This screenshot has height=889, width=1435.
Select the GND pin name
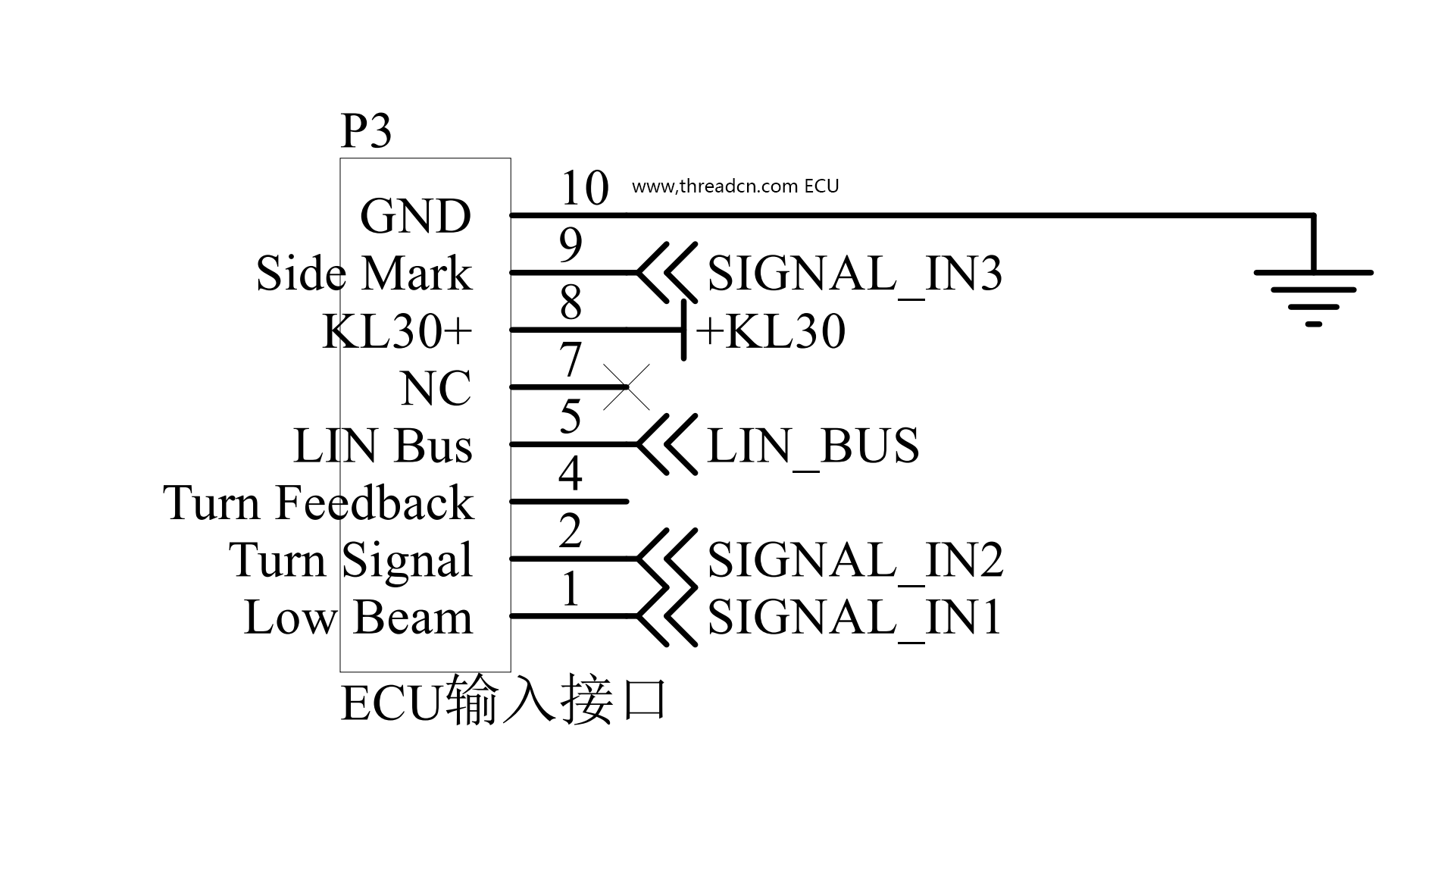pyautogui.click(x=415, y=216)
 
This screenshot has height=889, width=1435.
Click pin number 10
pyautogui.click(x=584, y=188)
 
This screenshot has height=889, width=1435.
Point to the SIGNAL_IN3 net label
pyautogui.click(x=855, y=273)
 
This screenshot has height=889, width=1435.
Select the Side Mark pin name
pyautogui.click(x=364, y=273)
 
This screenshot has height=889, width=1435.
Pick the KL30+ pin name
pyautogui.click(x=397, y=331)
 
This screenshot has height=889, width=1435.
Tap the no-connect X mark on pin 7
pyautogui.click(x=627, y=387)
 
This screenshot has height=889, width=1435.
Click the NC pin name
pyautogui.click(x=436, y=389)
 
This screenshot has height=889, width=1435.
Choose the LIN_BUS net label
pyautogui.click(x=813, y=445)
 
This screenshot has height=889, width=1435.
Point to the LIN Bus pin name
pyautogui.click(x=383, y=446)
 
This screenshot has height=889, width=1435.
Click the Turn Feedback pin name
pyautogui.click(x=318, y=502)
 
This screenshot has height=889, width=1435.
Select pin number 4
pyautogui.click(x=570, y=474)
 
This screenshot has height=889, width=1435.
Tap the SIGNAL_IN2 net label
pyautogui.click(x=855, y=559)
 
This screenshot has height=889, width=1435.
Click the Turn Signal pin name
pyautogui.click(x=351, y=560)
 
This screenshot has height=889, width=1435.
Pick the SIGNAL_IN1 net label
pyautogui.click(x=855, y=616)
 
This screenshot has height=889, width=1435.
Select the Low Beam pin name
pyautogui.click(x=358, y=617)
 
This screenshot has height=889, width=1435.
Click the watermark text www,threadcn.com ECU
pyautogui.click(x=735, y=186)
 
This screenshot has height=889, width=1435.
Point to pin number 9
pyautogui.click(x=571, y=245)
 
